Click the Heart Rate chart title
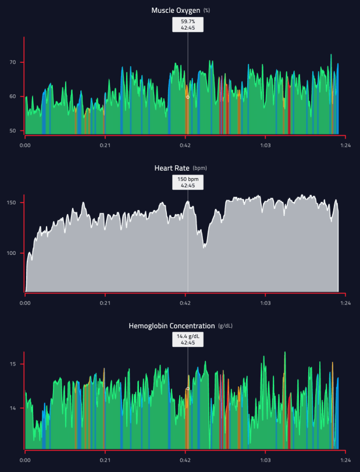(172, 168)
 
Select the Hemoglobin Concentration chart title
(171, 326)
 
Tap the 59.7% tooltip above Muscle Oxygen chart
(187, 24)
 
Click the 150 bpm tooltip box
(187, 182)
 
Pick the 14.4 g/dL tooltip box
(187, 340)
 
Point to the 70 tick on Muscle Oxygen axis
(12, 62)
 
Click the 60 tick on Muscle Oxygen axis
(12, 97)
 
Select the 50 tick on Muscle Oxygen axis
(12, 131)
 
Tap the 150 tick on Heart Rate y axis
(10, 203)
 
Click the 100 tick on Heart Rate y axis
(10, 253)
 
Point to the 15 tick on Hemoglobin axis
(12, 364)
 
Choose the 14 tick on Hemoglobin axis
(12, 408)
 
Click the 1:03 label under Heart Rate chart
(265, 303)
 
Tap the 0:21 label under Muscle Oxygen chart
(105, 145)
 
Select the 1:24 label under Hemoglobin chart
(345, 460)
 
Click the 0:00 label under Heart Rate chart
(25, 303)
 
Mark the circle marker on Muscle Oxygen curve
(187, 97)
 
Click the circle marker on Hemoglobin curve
(187, 389)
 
